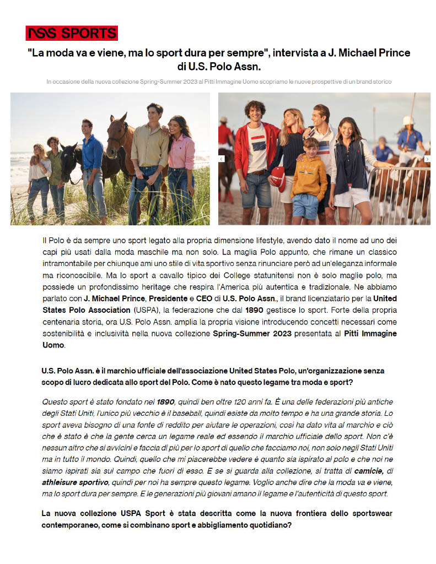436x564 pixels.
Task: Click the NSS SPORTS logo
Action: click(x=72, y=33)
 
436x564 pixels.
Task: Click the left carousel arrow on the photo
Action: click(x=222, y=159)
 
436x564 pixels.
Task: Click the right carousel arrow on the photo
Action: click(x=427, y=159)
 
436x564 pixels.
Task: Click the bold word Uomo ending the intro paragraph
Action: click(x=53, y=345)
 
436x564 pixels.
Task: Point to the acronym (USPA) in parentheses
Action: click(x=146, y=310)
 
